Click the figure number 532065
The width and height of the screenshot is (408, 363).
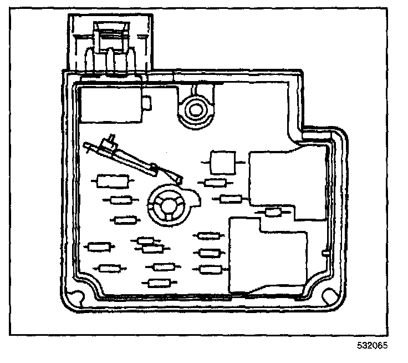(373, 345)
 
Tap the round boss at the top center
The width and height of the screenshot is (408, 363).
(195, 108)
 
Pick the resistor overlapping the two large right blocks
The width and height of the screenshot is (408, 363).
(273, 211)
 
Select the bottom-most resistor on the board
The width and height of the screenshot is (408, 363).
(161, 283)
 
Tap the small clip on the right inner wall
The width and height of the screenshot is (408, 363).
(325, 253)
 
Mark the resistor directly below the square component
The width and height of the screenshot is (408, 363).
(215, 183)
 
